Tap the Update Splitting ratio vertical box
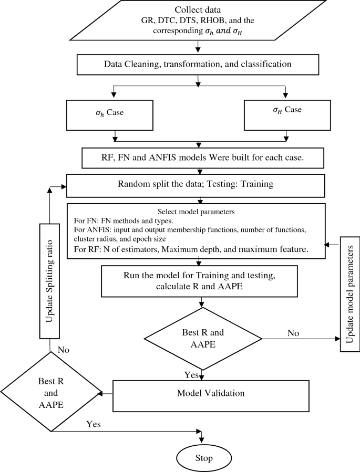pos(50,281)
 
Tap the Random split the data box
pos(198,184)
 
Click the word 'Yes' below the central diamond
pos(191,374)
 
